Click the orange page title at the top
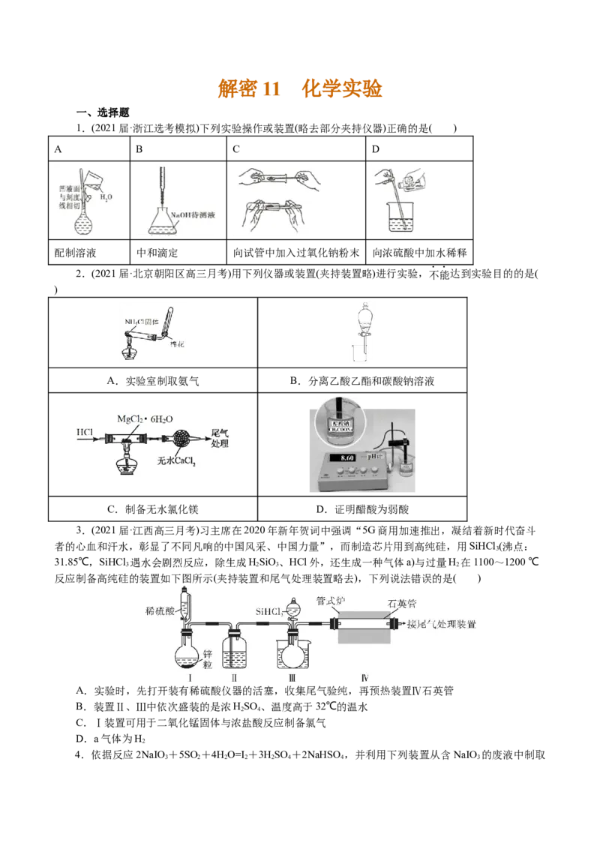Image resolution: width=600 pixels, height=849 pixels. [300, 89]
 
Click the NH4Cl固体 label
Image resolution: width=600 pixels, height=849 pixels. [141, 322]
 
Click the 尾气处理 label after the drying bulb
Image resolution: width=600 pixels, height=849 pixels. [220, 437]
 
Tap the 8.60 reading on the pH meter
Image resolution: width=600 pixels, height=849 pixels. [347, 457]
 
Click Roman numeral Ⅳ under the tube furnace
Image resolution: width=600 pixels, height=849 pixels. [364, 679]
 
